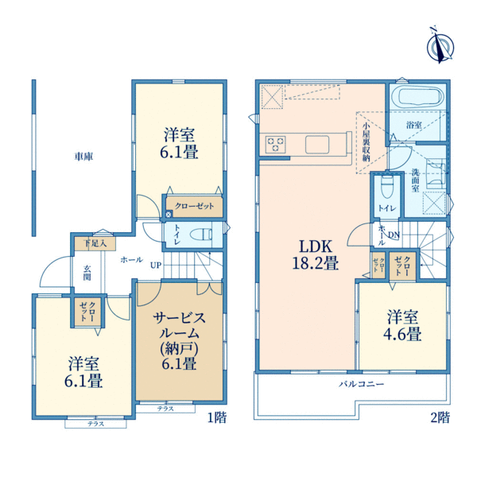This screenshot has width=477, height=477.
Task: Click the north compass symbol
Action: (x=436, y=45)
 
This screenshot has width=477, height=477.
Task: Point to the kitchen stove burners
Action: (x=276, y=143)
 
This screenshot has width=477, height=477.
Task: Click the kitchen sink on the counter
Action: (x=316, y=144)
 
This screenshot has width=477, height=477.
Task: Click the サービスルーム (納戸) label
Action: (x=180, y=340)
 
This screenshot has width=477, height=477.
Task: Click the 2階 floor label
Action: (x=441, y=417)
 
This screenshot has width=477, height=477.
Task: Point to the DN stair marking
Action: (x=394, y=235)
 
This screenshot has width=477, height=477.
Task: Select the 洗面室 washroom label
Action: (x=416, y=181)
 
